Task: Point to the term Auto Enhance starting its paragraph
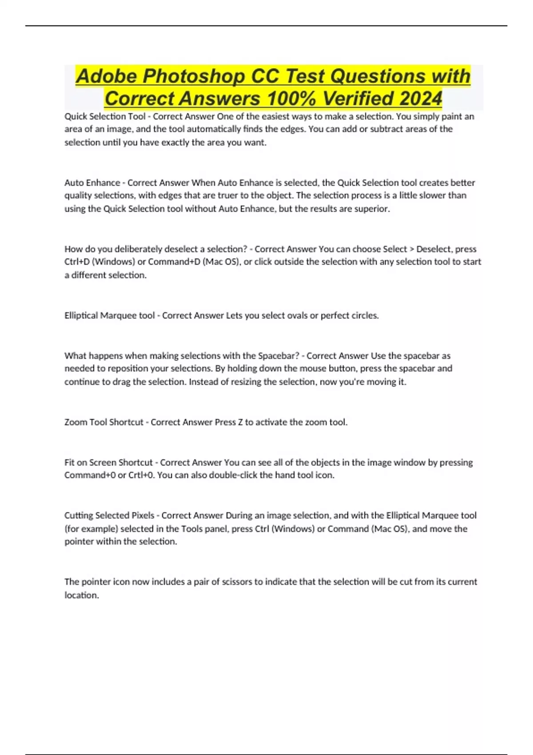click(92, 183)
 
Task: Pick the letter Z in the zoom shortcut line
click(240, 422)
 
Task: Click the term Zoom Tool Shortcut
click(104, 422)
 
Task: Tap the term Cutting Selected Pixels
click(109, 515)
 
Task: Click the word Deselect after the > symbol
click(434, 249)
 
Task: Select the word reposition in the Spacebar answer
click(110, 368)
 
